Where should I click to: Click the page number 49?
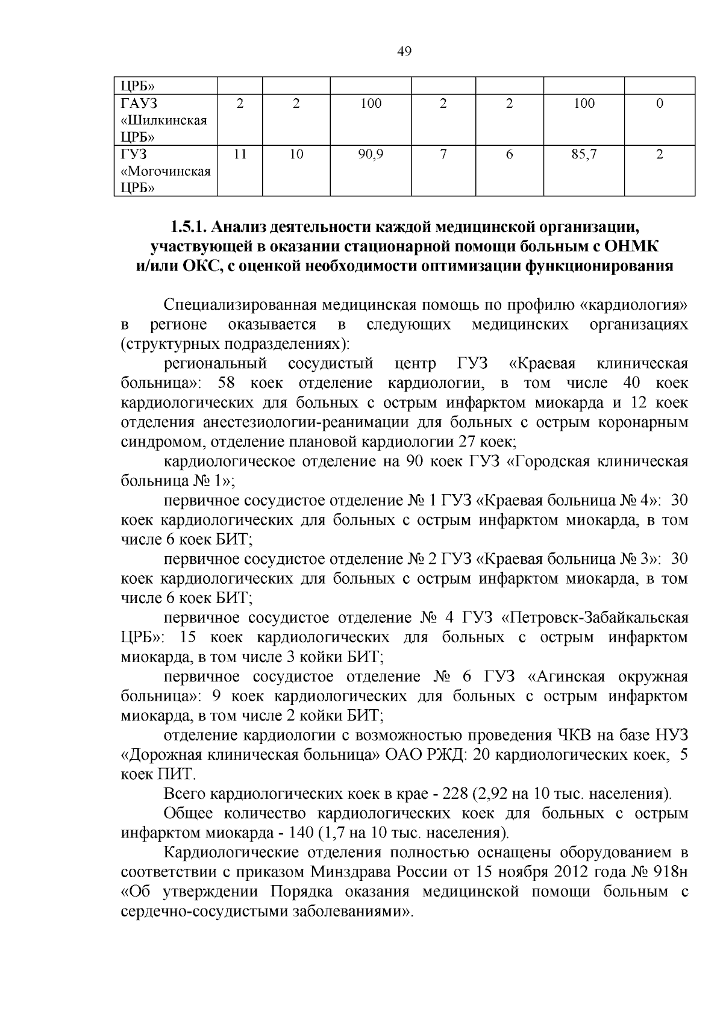coord(404,52)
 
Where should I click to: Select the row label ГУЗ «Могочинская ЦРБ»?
coord(165,172)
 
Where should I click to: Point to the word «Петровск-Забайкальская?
coord(595,618)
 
